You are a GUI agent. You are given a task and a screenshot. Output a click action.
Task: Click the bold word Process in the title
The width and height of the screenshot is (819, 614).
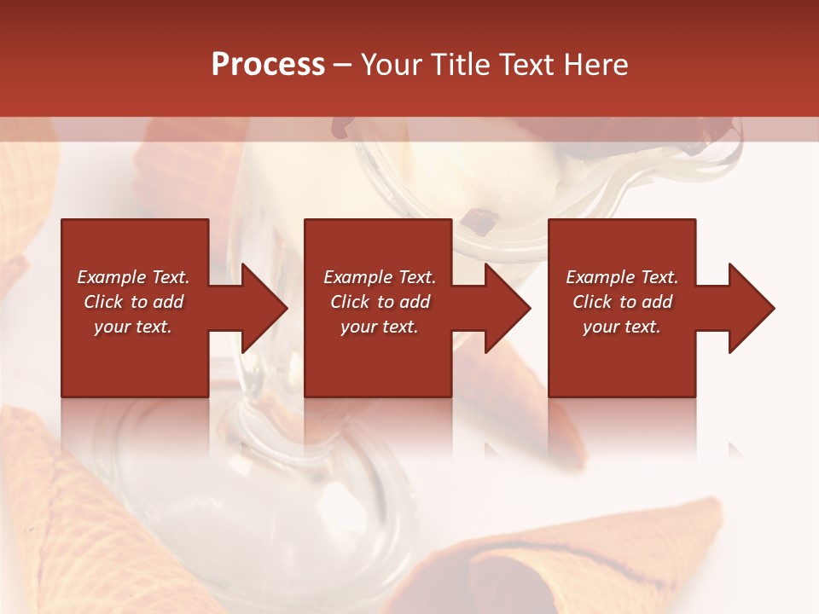tap(268, 65)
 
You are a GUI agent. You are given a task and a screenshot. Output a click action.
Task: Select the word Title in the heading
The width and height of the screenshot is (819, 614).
tap(463, 65)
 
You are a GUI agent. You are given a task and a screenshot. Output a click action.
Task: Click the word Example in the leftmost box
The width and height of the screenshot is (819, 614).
tap(112, 277)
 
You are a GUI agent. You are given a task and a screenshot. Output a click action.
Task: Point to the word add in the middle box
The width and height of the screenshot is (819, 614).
tap(414, 302)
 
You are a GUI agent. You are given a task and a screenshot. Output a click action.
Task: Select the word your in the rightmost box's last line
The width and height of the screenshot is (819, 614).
tap(601, 327)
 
